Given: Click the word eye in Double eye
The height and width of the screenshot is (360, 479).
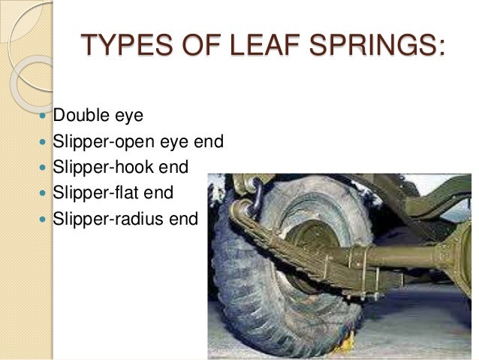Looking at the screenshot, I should tap(128, 119).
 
